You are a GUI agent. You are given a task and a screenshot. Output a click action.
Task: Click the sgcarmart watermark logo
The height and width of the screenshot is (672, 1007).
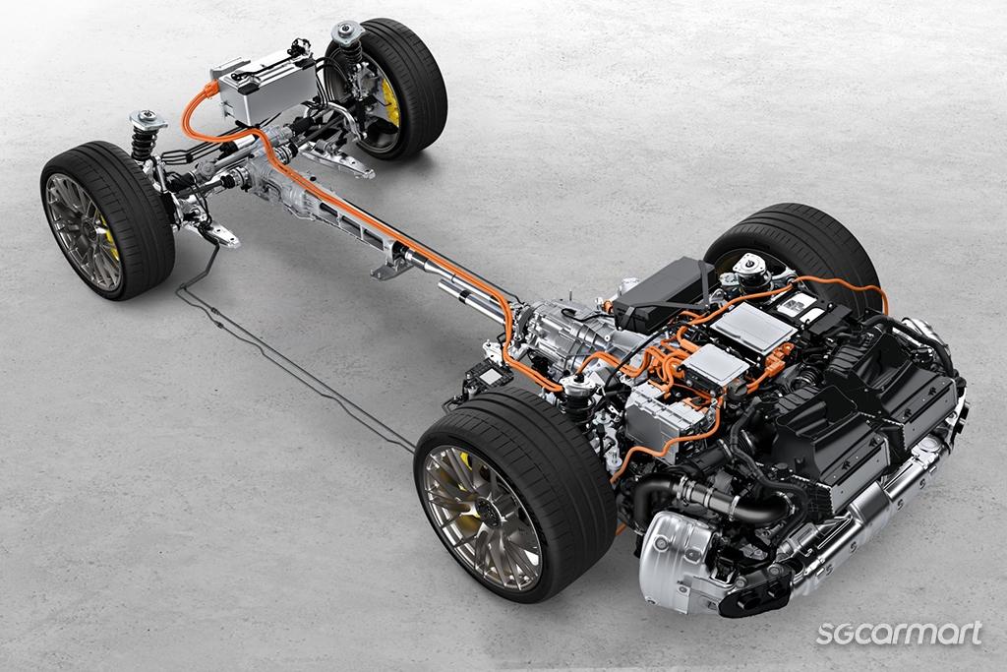899,633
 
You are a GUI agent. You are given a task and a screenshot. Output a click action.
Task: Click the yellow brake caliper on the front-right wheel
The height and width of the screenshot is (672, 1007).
391,106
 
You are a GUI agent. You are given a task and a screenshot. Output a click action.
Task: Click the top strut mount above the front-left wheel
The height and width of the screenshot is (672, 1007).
148,120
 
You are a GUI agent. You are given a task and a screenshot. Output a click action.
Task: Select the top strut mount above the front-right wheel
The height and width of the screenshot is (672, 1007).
347,31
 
